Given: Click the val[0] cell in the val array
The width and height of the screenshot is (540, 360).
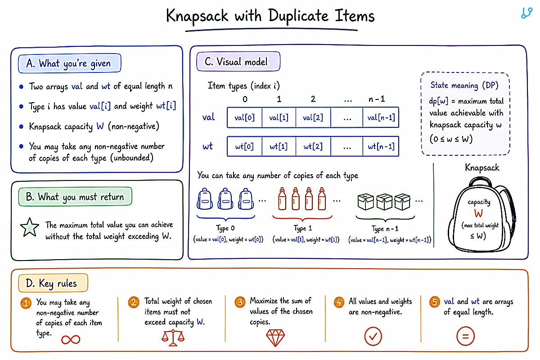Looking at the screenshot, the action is [x=244, y=117].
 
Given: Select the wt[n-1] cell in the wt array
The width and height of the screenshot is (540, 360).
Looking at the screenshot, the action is [x=381, y=146].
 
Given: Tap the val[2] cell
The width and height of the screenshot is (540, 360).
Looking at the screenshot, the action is [x=313, y=117].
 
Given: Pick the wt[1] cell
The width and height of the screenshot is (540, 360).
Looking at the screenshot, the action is [x=279, y=146].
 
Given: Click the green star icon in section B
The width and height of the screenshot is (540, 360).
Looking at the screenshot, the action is [x=29, y=227].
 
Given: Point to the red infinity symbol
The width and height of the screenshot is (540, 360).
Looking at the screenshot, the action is [x=71, y=339].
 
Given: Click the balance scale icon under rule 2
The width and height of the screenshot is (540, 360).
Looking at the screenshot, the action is [x=173, y=338].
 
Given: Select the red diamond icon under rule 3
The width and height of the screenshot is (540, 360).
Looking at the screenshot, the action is [x=275, y=337].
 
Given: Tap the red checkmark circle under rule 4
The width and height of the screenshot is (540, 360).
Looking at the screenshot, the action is [x=373, y=336].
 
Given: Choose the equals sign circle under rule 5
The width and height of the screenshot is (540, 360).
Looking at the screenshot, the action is [x=465, y=336].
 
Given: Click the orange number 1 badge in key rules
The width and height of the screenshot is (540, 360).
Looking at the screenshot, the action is [x=26, y=303].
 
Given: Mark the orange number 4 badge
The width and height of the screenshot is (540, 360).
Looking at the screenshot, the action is [x=339, y=302].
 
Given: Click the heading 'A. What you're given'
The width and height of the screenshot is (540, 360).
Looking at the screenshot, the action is [x=69, y=63].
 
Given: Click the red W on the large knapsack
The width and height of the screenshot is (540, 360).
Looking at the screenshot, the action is [x=478, y=213].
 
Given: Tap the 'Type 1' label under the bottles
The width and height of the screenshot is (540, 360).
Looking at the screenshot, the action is [x=303, y=228].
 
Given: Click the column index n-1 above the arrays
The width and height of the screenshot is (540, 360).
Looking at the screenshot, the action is [x=377, y=99].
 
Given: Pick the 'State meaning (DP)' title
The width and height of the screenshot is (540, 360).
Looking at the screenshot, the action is [x=464, y=85].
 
